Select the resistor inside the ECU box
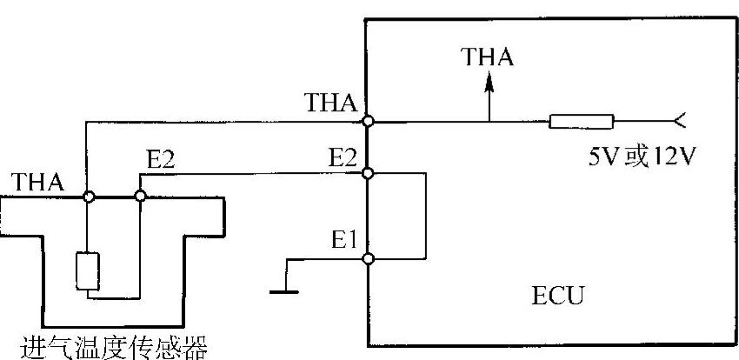pyautogui.click(x=581, y=122)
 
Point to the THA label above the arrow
pyautogui.click(x=489, y=57)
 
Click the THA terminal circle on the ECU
pyautogui.click(x=368, y=122)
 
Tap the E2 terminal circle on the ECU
pyautogui.click(x=368, y=174)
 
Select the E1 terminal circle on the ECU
pyautogui.click(x=368, y=258)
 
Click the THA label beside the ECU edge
pyautogui.click(x=331, y=103)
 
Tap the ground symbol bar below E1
pyautogui.click(x=284, y=291)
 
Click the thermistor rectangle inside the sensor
pyautogui.click(x=88, y=270)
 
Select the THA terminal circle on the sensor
pyautogui.click(x=88, y=197)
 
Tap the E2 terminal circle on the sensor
pyautogui.click(x=140, y=197)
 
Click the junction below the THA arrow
pyautogui.click(x=489, y=122)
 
